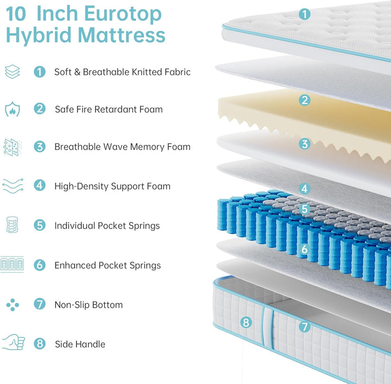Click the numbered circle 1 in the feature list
40,71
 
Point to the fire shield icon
12,109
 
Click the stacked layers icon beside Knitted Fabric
12,71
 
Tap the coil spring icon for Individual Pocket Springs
12,225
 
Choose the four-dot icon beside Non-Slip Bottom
12,304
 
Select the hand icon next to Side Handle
13,343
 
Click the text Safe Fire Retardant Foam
109,109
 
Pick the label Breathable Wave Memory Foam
122,146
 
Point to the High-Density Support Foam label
112,186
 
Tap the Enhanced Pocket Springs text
108,265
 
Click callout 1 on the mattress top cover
305,14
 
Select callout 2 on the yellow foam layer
305,100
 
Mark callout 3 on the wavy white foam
305,144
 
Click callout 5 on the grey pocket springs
305,209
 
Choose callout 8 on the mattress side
246,323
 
